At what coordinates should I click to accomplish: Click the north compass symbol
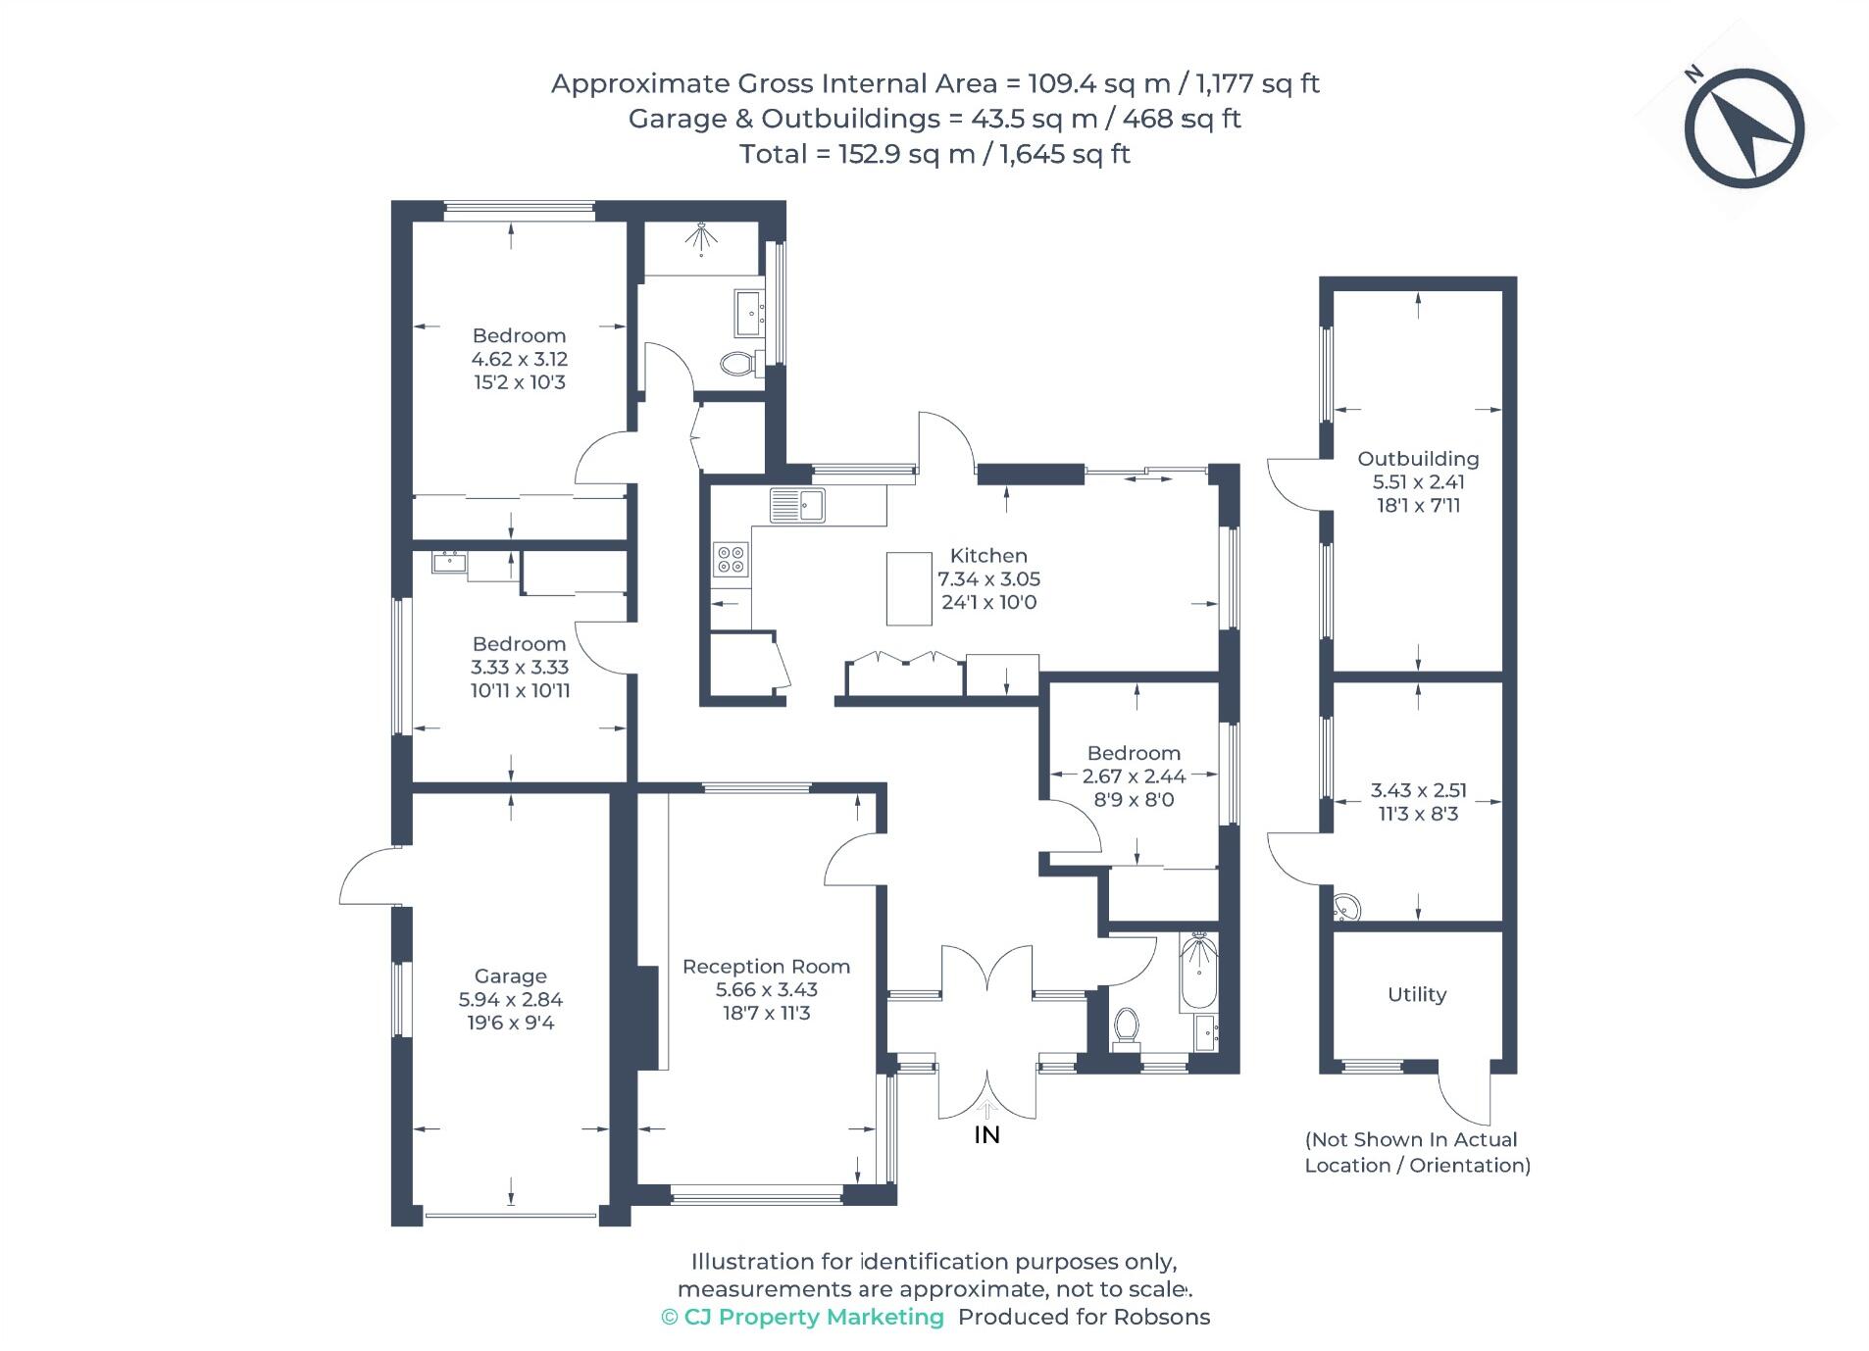(x=1744, y=127)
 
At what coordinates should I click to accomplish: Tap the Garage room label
(x=510, y=976)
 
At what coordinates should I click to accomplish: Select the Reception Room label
(x=766, y=967)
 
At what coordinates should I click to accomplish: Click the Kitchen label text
(x=988, y=556)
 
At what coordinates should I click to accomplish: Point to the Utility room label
(x=1417, y=995)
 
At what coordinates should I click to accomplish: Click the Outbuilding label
(x=1418, y=459)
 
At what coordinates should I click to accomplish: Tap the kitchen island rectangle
(x=909, y=588)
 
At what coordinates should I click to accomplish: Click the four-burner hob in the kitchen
(x=731, y=559)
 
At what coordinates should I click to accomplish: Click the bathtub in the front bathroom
(x=1198, y=973)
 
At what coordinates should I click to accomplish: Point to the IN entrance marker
(x=986, y=1134)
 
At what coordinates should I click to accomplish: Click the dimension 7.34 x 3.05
(x=988, y=579)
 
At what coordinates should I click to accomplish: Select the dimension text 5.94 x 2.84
(x=510, y=1000)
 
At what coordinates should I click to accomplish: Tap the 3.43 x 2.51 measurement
(x=1418, y=790)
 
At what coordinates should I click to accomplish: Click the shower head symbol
(x=701, y=237)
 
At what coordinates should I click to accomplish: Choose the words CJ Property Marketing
(x=813, y=1317)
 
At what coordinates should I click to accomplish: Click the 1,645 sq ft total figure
(x=1065, y=155)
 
